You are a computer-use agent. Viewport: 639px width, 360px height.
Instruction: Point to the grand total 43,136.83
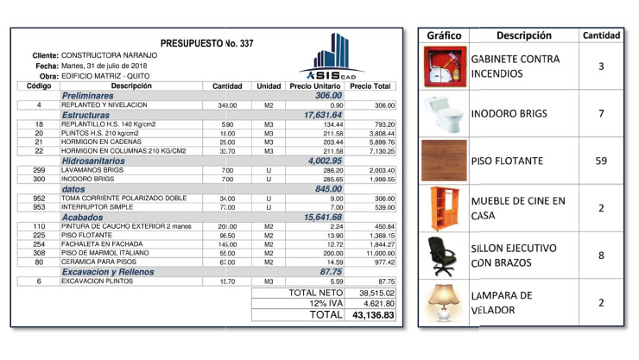point(372,316)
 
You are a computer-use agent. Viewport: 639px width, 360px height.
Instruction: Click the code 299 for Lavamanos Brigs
point(39,170)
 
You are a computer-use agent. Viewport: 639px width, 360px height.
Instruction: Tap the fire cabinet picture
point(446,66)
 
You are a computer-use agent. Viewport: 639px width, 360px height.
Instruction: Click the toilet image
point(446,113)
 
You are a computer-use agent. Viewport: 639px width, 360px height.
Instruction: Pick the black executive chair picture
point(446,256)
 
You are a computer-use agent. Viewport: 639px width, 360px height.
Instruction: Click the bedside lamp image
point(446,303)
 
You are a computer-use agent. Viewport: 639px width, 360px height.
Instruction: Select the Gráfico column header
point(446,35)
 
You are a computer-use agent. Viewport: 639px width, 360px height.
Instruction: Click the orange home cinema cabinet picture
point(446,208)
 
